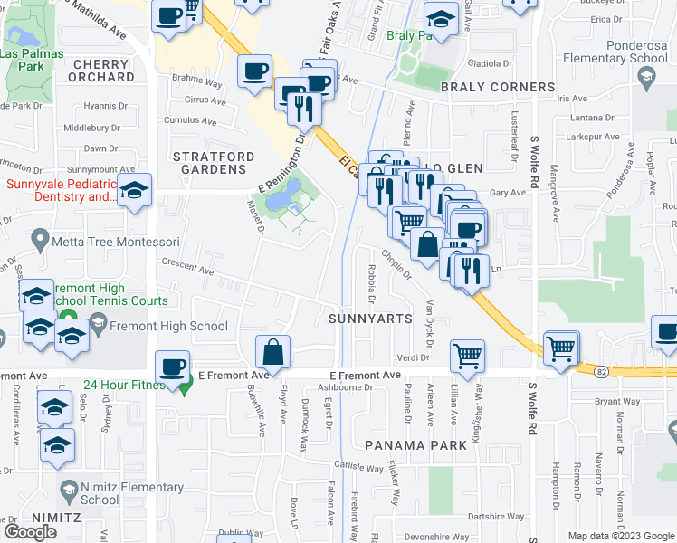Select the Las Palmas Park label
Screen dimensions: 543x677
coord(27,60)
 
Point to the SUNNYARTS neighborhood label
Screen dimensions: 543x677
coord(370,319)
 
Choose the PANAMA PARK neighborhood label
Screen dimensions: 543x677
coord(416,445)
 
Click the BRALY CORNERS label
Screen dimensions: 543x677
coord(497,88)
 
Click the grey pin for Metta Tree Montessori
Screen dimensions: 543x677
coord(39,241)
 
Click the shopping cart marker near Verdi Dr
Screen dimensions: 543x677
coord(467,355)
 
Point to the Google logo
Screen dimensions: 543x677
coord(31,531)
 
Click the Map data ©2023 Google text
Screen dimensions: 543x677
coord(621,536)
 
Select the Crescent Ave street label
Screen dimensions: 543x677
coord(186,270)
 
